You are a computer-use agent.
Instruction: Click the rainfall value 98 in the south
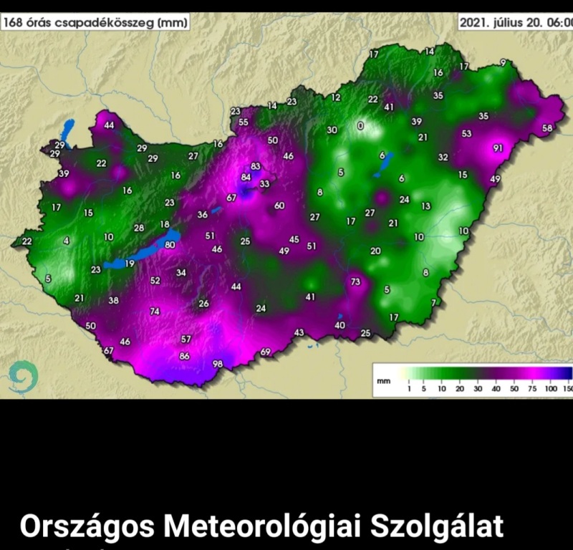(x=218, y=364)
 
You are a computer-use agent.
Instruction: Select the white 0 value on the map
(x=360, y=126)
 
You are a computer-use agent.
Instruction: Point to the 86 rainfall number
(x=185, y=356)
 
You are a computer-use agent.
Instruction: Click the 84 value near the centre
(x=246, y=177)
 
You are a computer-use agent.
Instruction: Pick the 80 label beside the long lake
(x=170, y=245)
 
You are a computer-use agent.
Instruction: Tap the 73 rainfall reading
(x=355, y=281)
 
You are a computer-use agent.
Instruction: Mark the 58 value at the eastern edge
(x=548, y=128)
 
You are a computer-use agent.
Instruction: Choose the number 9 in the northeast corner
(x=503, y=63)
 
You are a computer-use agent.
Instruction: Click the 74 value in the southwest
(x=154, y=312)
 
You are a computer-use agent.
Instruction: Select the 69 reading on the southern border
(x=265, y=352)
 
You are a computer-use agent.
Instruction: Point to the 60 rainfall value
(x=279, y=206)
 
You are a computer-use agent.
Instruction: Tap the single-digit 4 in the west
(x=67, y=241)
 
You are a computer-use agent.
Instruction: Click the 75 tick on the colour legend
(x=531, y=388)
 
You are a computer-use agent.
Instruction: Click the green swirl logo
(x=24, y=376)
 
